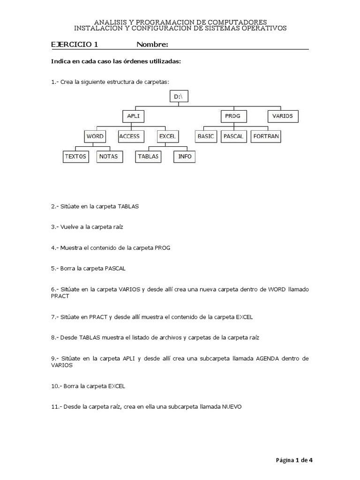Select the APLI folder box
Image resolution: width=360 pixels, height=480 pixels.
(x=133, y=116)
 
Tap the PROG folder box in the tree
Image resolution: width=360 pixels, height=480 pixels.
(x=232, y=116)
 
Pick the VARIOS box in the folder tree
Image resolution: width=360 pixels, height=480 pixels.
(x=283, y=116)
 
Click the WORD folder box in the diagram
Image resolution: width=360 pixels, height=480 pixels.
(x=95, y=136)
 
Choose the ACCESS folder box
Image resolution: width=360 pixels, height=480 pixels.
(x=129, y=136)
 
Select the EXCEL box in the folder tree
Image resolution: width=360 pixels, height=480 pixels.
(x=167, y=136)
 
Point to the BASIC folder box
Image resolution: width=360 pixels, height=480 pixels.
(x=205, y=136)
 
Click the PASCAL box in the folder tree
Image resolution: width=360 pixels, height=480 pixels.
(x=233, y=136)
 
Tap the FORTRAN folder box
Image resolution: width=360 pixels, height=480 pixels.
(x=266, y=136)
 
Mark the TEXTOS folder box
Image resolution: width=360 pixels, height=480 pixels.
(x=75, y=157)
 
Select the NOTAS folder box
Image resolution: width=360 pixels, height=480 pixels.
(x=108, y=157)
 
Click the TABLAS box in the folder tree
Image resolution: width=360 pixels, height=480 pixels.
(x=148, y=157)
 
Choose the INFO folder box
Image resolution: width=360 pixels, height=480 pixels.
(x=185, y=157)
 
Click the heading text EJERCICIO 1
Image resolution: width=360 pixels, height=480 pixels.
(x=75, y=45)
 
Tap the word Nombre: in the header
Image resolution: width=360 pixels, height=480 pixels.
(x=152, y=45)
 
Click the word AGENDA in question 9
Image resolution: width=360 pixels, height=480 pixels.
(x=267, y=359)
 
